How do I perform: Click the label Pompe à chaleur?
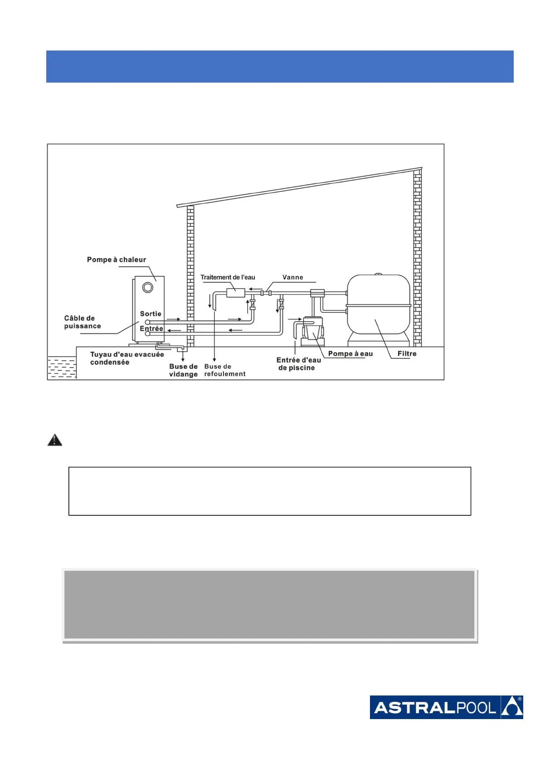click(x=117, y=260)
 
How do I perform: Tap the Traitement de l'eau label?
click(x=228, y=277)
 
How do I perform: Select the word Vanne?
click(x=292, y=277)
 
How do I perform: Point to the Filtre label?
click(x=407, y=353)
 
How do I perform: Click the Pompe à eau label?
click(x=350, y=353)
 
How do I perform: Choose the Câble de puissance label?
click(x=82, y=322)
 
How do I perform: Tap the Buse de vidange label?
click(x=183, y=370)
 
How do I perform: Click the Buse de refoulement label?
click(x=224, y=370)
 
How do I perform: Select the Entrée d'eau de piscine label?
click(x=298, y=364)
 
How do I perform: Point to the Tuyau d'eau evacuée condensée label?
click(x=126, y=358)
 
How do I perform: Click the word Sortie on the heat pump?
click(x=151, y=313)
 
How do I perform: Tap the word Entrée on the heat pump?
click(x=151, y=328)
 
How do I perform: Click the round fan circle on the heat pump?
click(x=148, y=287)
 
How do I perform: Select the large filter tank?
click(x=379, y=304)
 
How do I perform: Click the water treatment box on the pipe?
click(x=235, y=293)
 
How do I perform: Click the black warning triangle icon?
click(x=55, y=440)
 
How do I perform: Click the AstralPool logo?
click(x=446, y=707)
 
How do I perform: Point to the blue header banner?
click(x=280, y=66)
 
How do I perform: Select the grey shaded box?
click(x=270, y=605)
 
